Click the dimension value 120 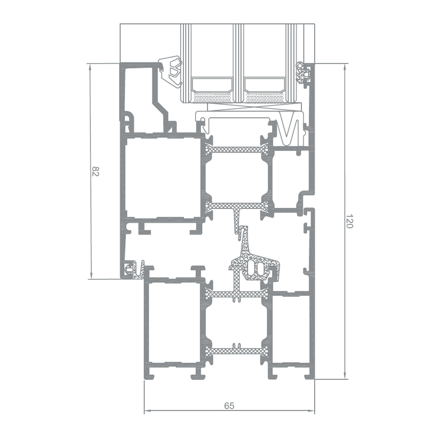[x=349, y=221]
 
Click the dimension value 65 [x=229, y=406]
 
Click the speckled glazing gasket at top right [x=303, y=75]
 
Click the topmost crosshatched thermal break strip [x=236, y=150]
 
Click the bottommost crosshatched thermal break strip [x=236, y=351]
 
